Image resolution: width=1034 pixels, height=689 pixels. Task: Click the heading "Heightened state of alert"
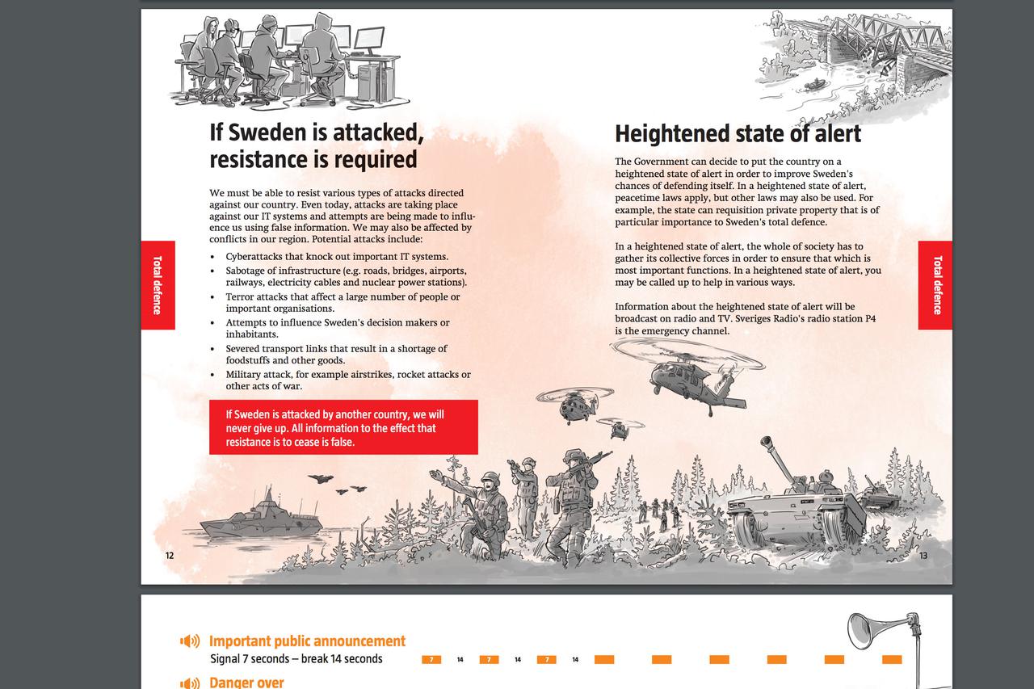point(738,134)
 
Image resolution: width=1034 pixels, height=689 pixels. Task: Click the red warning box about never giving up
point(343,427)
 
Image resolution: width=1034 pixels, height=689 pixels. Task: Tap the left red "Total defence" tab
point(158,285)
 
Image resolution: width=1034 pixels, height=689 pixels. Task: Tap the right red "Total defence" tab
point(935,285)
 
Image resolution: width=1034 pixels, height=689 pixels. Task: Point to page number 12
point(170,556)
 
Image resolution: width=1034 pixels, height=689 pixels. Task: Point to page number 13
point(923,556)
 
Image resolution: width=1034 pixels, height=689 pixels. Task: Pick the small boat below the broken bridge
point(815,84)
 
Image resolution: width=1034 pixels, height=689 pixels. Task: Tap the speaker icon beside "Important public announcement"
point(190,641)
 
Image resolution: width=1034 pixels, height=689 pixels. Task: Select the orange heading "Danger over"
point(246,683)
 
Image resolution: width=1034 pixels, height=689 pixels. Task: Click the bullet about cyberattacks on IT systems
point(337,257)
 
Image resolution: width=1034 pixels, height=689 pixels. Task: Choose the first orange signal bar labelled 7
point(431,660)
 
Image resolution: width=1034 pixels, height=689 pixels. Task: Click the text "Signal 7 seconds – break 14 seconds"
point(296,659)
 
